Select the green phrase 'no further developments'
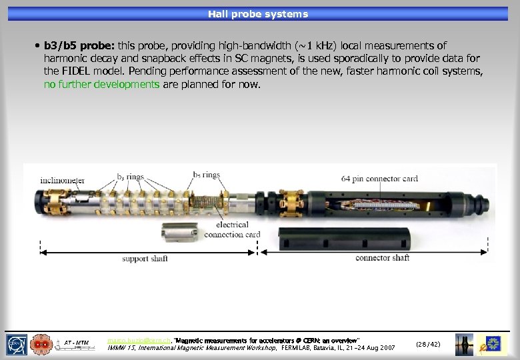tap(101, 85)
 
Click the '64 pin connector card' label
tap(379, 178)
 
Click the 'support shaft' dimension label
tap(145, 258)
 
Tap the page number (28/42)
tap(427, 344)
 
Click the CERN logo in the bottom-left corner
tap(16, 343)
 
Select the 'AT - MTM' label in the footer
tap(77, 342)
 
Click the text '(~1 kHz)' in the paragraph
tap(323, 46)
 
